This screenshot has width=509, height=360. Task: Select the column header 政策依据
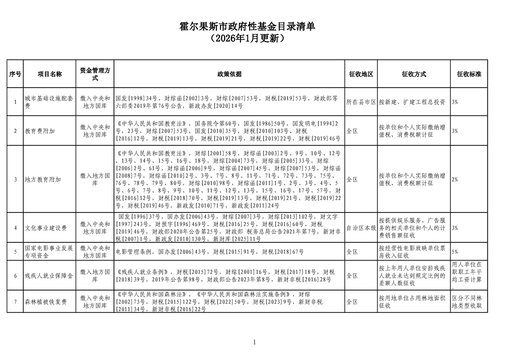[x=229, y=74]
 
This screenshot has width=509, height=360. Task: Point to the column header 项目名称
[x=49, y=74]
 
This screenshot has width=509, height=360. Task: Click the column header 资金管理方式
[x=95, y=74]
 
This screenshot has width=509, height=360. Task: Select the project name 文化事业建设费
[x=46, y=228]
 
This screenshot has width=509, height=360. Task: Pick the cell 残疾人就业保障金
[x=49, y=276]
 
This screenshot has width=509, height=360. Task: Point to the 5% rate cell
[x=455, y=251]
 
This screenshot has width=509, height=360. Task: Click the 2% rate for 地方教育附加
[x=455, y=179]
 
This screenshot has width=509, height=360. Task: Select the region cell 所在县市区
[x=361, y=102]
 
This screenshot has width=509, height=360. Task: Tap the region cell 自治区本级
[x=361, y=228]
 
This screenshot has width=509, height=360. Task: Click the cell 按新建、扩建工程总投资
[x=412, y=102]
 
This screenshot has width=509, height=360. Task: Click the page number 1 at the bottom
[x=254, y=342]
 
